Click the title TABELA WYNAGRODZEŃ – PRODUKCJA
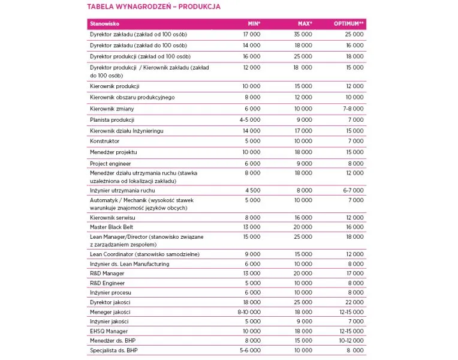point(153,7)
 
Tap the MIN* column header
point(254,24)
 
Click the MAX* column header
point(305,24)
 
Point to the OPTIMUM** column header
point(349,24)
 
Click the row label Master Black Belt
point(112,227)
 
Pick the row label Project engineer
point(110,163)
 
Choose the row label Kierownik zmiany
point(112,109)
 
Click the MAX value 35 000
point(303,35)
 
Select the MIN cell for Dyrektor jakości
point(251,302)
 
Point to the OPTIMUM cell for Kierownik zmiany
point(353,109)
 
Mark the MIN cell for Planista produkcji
point(250,119)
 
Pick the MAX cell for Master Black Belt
point(303,227)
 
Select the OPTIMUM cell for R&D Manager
point(354,274)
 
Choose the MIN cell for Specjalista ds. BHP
point(250,350)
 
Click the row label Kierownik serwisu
point(110,218)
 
